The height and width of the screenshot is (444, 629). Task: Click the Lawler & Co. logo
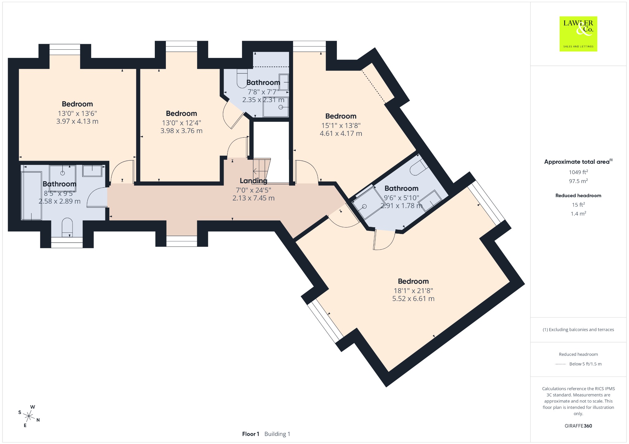click(578, 34)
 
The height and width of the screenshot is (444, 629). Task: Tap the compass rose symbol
click(29, 416)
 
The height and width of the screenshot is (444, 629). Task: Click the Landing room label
click(253, 181)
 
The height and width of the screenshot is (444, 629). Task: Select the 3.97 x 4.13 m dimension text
click(77, 121)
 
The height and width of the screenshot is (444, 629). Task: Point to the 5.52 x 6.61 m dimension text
click(413, 299)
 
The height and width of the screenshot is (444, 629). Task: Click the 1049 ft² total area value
click(578, 172)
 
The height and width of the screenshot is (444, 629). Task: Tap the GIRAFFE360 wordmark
click(578, 426)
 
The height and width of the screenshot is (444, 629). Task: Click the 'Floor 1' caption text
click(251, 434)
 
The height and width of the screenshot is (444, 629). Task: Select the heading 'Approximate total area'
click(577, 162)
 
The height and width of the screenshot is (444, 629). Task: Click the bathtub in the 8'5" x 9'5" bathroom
click(31, 196)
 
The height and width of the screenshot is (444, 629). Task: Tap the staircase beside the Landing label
click(261, 170)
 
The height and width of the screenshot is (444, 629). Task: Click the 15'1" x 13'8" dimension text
click(341, 125)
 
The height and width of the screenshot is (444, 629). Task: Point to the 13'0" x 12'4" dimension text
click(182, 123)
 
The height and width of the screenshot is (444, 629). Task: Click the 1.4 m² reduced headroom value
click(578, 214)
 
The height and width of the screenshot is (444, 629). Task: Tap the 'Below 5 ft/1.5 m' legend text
click(585, 364)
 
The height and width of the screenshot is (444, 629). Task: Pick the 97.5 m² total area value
click(578, 181)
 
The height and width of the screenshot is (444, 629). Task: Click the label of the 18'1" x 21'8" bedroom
click(413, 281)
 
